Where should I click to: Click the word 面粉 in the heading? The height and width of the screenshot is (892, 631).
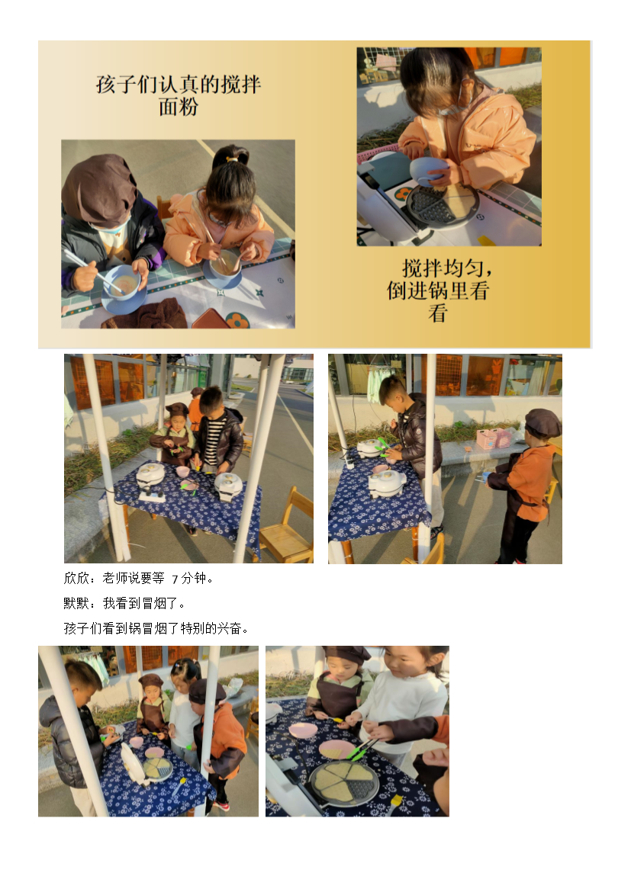(x=179, y=107)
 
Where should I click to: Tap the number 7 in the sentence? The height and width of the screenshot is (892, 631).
(x=175, y=579)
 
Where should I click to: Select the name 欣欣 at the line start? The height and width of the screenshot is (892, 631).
(x=76, y=578)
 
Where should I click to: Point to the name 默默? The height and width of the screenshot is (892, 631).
(x=76, y=603)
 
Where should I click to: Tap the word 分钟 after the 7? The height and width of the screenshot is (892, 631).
(x=195, y=578)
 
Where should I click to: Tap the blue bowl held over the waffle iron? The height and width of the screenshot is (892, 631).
(x=428, y=170)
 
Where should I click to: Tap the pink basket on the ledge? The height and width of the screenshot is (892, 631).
(x=493, y=438)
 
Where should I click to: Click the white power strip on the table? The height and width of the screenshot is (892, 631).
(x=153, y=496)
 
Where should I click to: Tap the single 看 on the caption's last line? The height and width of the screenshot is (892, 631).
(x=437, y=313)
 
